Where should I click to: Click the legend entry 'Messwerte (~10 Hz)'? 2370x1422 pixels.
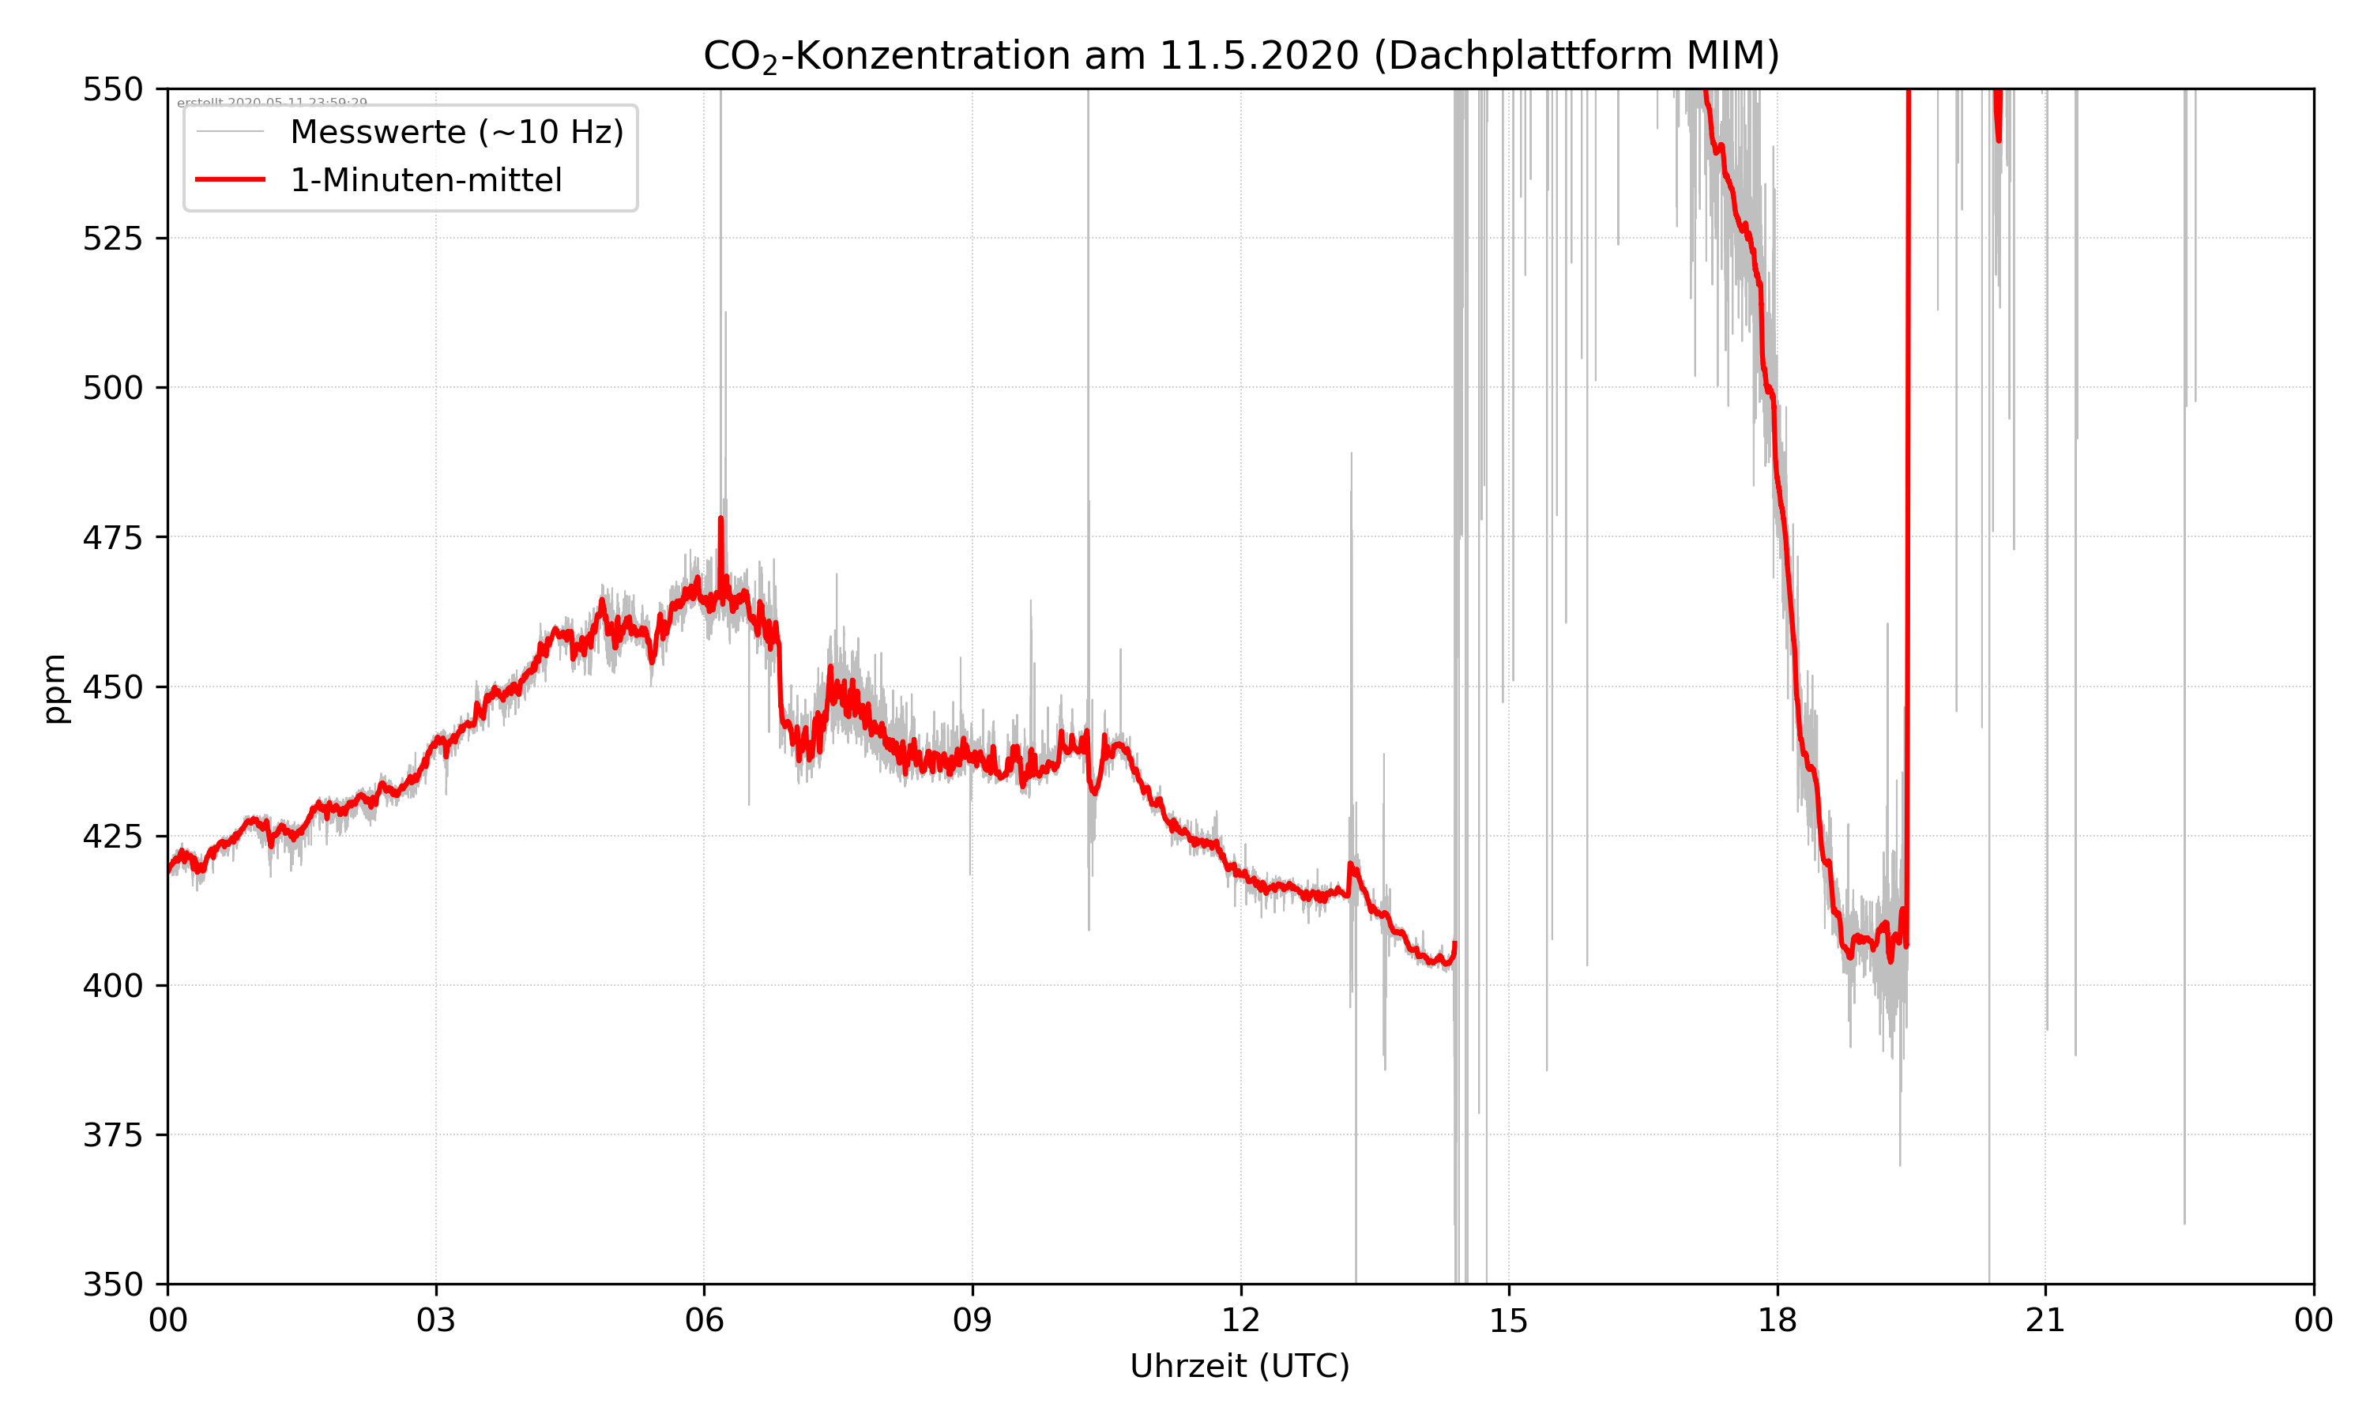(456, 132)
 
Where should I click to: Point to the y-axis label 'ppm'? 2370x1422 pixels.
(55, 688)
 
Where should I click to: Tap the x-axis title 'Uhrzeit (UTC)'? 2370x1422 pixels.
(1240, 1365)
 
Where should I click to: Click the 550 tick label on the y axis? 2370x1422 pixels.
(112, 89)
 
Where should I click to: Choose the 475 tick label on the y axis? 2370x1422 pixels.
(112, 537)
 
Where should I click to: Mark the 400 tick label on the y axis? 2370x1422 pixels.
(112, 986)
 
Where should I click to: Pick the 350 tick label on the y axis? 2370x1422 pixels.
(112, 1284)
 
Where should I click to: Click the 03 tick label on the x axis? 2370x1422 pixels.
(436, 1320)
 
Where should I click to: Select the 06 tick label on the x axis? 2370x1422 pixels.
(704, 1320)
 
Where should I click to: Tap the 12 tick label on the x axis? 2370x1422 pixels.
(1240, 1320)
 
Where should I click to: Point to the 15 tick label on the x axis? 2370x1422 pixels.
(1509, 1320)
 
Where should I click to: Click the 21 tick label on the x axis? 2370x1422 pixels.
(2045, 1320)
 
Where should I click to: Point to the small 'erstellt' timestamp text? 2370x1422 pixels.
(272, 103)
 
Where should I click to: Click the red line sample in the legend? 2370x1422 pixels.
(230, 180)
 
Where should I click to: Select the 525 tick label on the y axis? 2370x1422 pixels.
(112, 239)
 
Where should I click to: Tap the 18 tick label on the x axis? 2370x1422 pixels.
(1777, 1320)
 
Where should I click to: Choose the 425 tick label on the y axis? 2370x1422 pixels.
(112, 837)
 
